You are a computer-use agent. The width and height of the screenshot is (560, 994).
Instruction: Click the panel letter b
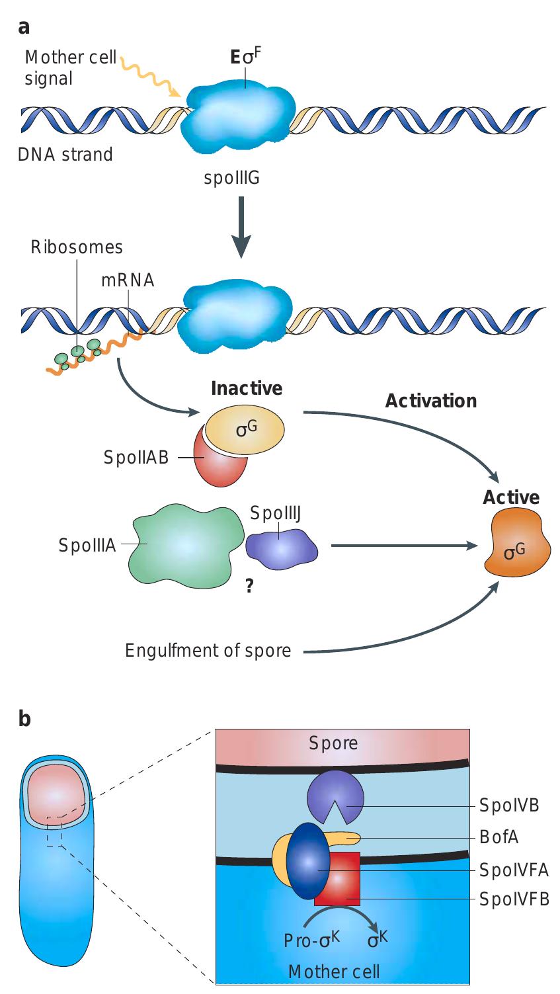[24, 718]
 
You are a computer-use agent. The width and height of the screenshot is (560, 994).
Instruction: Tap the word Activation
[430, 401]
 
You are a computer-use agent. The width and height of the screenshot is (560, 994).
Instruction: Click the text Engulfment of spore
[208, 650]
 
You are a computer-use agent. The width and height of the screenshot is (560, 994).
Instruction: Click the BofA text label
[500, 837]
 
